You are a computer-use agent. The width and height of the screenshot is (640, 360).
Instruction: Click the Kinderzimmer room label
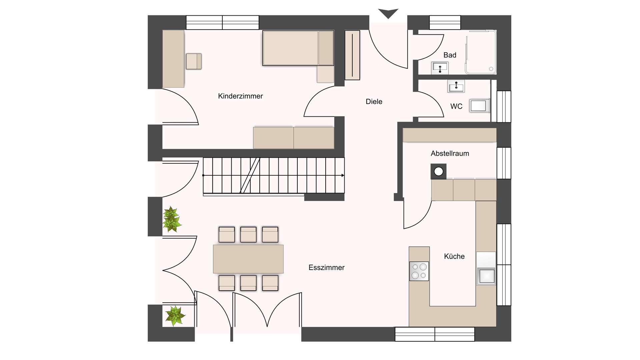[240, 96]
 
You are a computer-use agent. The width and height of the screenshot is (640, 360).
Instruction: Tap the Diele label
[374, 102]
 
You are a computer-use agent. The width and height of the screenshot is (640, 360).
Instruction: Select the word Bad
[450, 55]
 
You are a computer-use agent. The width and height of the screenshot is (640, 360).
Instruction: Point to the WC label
[456, 106]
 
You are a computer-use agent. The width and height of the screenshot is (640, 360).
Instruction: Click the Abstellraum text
[450, 153]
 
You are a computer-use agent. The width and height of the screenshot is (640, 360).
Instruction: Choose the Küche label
[454, 256]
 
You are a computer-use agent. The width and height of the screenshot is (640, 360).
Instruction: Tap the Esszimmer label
[326, 267]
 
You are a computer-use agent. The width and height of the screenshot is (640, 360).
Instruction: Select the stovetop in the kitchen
[419, 271]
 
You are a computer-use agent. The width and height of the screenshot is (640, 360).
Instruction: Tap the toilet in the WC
[479, 106]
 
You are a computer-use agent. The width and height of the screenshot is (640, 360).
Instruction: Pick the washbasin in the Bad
[440, 68]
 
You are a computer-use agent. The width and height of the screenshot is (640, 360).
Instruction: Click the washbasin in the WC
[456, 86]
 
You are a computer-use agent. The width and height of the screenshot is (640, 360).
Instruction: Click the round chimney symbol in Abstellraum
[439, 171]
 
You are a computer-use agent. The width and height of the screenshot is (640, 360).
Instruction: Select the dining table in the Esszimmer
[248, 259]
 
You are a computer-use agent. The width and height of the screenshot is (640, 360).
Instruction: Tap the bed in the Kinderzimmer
[298, 48]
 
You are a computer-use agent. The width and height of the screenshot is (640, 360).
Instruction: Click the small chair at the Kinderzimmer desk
[193, 61]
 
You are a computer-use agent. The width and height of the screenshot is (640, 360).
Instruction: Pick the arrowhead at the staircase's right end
[343, 175]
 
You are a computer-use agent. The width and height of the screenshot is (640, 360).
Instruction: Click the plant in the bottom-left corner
[174, 316]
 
